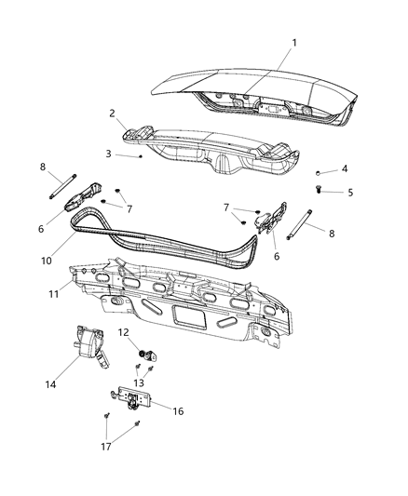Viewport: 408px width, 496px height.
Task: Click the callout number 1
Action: [294, 43]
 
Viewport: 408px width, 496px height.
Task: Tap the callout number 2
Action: [112, 114]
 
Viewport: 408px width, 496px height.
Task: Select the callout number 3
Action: [108, 154]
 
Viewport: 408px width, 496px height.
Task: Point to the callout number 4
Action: [344, 168]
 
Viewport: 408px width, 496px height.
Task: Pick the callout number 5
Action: [350, 193]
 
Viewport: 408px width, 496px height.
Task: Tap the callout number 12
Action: [123, 331]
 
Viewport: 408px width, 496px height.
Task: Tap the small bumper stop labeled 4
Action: [319, 174]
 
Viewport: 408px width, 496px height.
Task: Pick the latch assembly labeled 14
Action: [90, 343]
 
